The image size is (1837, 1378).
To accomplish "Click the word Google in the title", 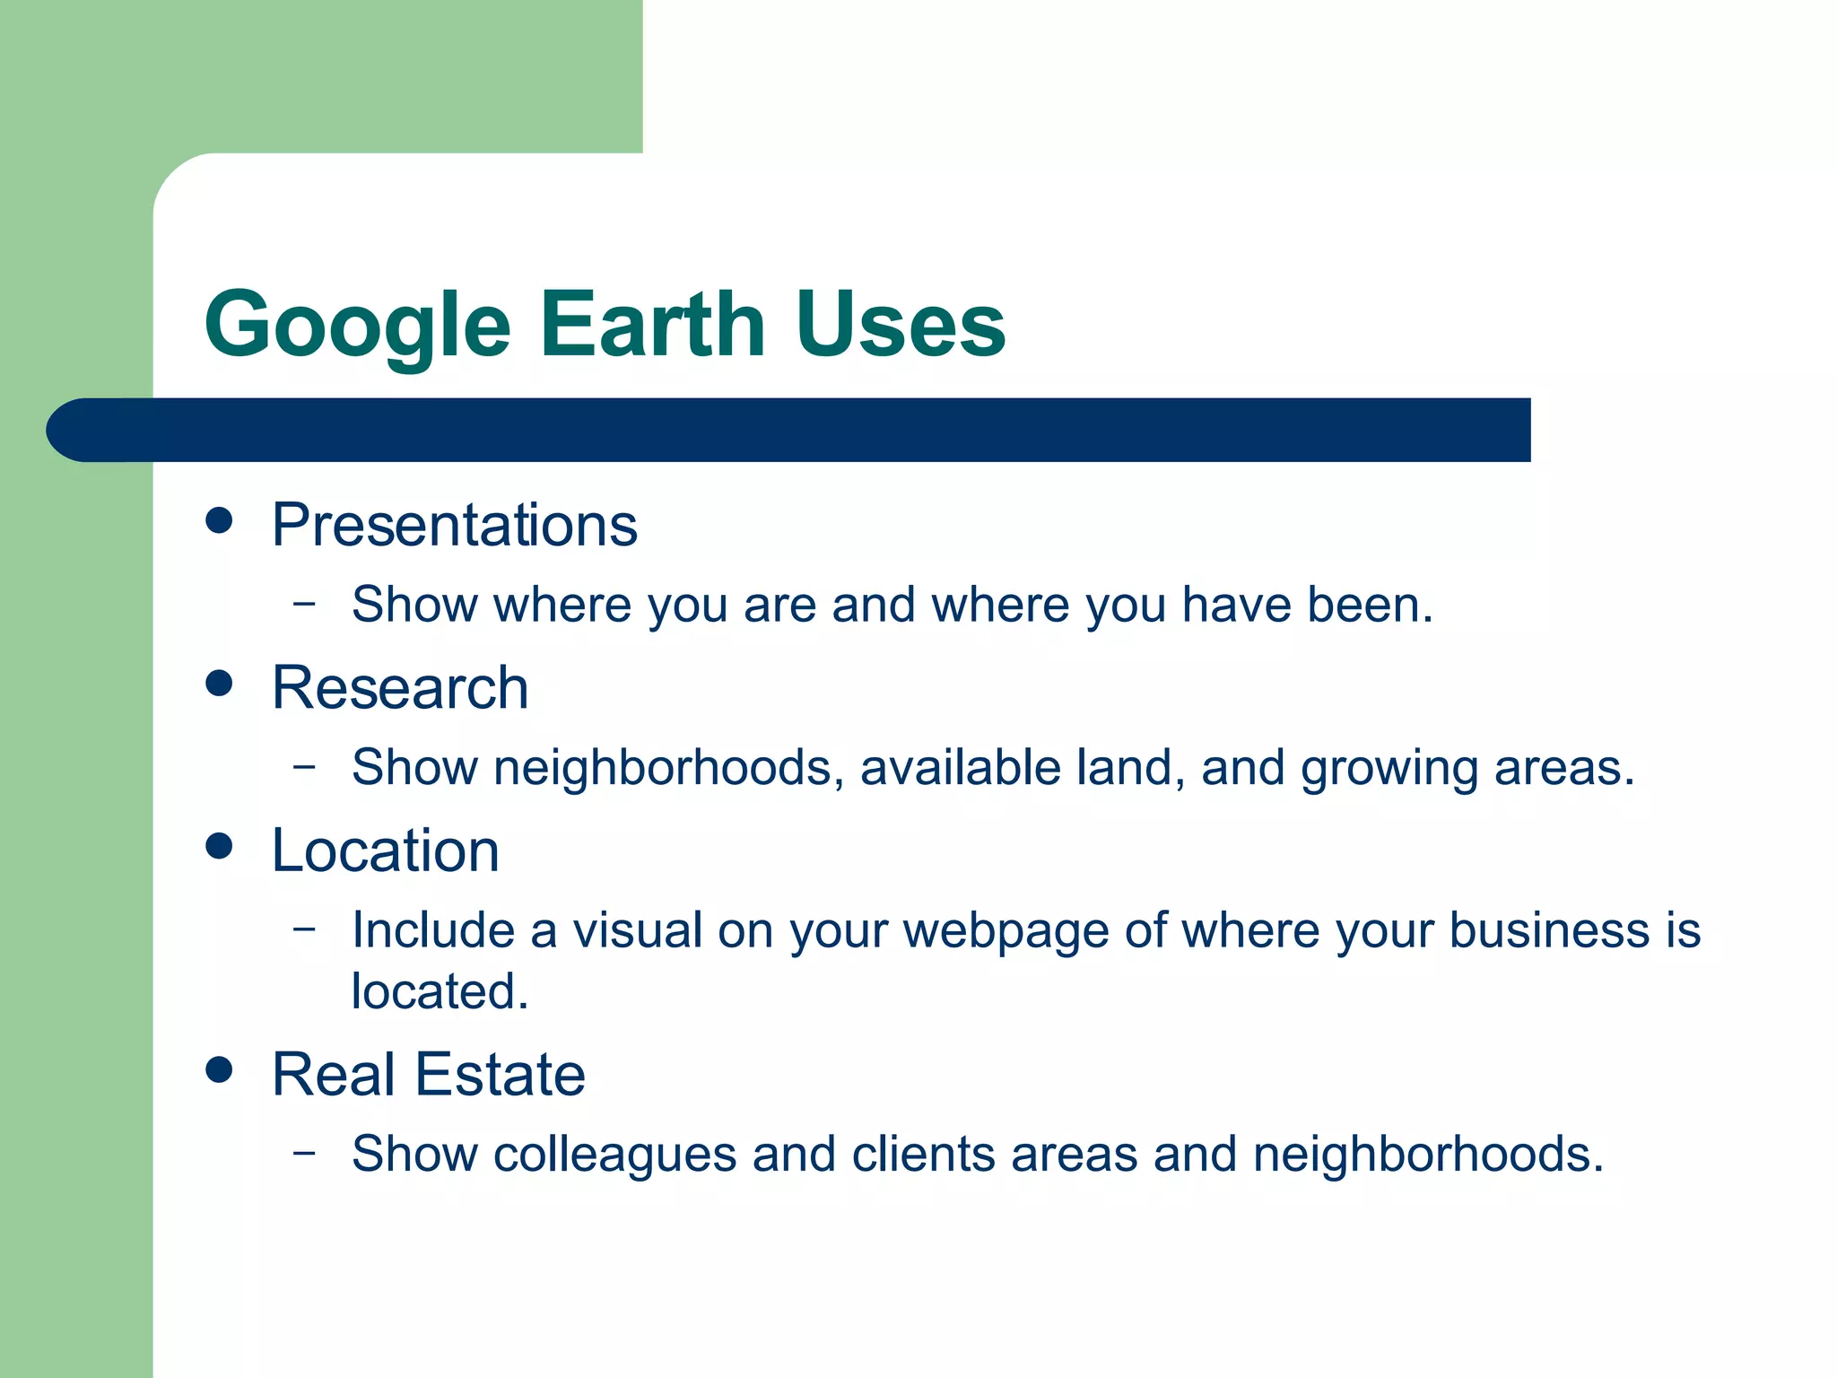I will point(357,325).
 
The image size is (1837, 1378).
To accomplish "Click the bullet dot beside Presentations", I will point(219,520).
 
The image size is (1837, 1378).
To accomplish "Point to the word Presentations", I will point(454,525).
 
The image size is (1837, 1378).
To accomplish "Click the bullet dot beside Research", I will point(219,684).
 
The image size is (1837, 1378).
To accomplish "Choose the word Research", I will point(400,688).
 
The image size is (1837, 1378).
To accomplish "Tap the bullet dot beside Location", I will point(219,845).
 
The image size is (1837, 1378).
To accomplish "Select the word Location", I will point(385,850).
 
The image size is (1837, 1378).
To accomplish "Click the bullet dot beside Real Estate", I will point(219,1069).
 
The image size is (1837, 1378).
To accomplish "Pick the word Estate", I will point(500,1075).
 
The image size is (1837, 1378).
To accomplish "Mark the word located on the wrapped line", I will point(440,991).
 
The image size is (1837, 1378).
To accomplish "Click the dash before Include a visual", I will point(305,928).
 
